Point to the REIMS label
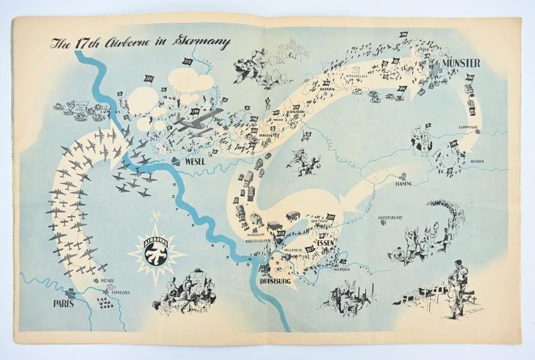pos(108,281)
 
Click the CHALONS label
pos(116,292)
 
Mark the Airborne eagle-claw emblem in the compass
pos(154,252)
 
